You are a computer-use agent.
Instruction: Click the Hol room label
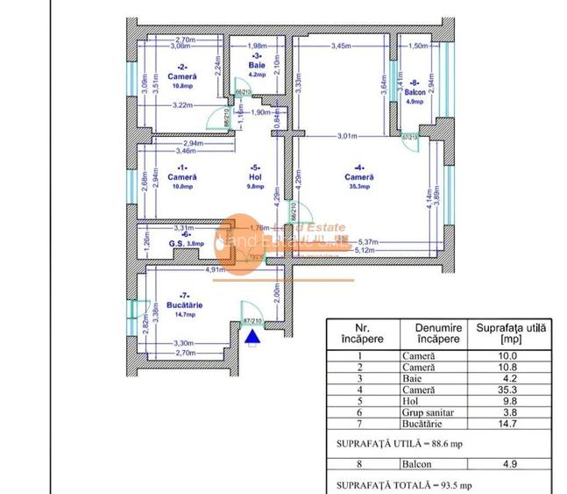[x=254, y=175]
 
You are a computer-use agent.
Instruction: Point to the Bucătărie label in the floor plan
[x=184, y=304]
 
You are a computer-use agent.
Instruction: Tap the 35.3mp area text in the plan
[x=359, y=185]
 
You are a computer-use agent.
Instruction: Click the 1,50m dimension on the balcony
[x=418, y=46]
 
